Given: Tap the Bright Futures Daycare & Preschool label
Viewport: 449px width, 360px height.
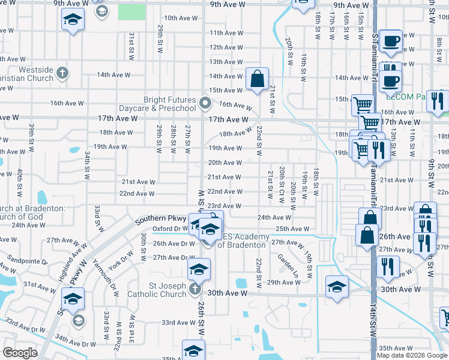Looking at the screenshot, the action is point(169,104).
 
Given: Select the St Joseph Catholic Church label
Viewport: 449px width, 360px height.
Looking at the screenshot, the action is point(157,290).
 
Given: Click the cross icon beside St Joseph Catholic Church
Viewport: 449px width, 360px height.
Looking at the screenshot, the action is point(194,290).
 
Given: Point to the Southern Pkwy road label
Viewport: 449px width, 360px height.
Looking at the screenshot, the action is point(157,220).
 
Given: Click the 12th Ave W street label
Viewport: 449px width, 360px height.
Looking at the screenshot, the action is point(226,47).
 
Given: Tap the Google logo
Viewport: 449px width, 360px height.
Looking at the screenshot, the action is point(20,352).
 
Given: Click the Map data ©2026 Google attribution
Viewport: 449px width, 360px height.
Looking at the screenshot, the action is point(412,355).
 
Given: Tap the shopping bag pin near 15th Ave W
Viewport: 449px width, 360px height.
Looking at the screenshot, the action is point(257,79).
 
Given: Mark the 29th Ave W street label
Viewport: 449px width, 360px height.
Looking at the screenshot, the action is point(283,282).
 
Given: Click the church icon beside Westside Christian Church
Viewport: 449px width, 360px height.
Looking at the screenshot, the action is point(62,74).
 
